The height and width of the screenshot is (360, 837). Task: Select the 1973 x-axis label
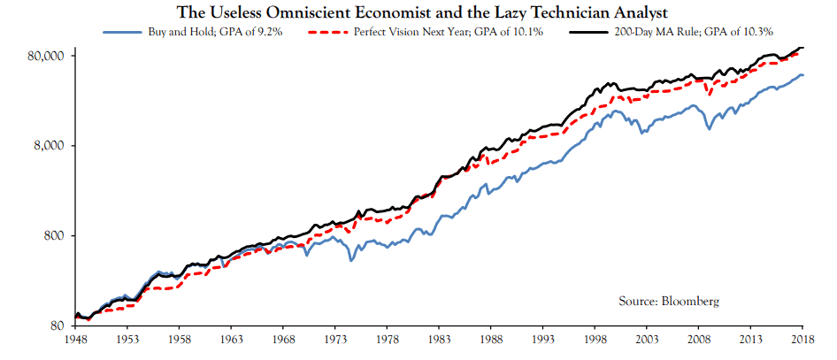click(x=334, y=339)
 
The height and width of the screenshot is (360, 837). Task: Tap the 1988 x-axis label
click(x=491, y=339)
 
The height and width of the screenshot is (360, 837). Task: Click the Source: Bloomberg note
click(x=669, y=302)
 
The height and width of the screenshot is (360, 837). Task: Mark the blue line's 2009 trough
click(x=708, y=130)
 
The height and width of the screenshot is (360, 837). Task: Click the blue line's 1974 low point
click(x=350, y=260)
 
